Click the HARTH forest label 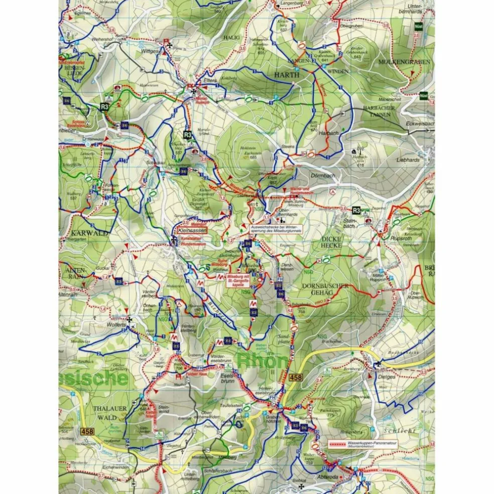click(286, 74)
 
